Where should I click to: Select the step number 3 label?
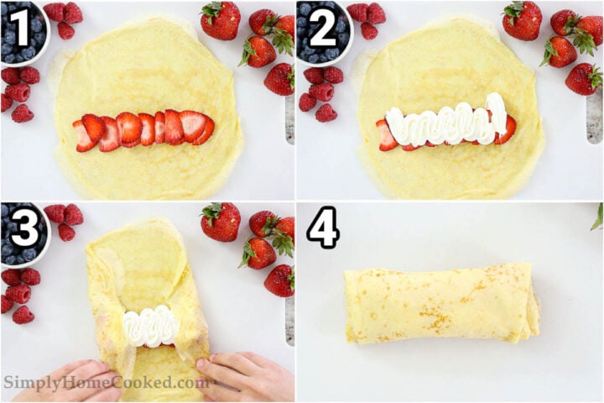(18, 229)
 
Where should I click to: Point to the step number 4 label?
(322, 228)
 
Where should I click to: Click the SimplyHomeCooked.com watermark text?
(106, 383)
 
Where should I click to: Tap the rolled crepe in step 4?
(440, 304)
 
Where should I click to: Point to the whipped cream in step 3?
(151, 327)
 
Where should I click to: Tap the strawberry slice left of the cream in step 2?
(385, 134)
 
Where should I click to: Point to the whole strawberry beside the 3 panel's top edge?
(221, 222)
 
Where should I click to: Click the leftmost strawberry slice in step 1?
(84, 137)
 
